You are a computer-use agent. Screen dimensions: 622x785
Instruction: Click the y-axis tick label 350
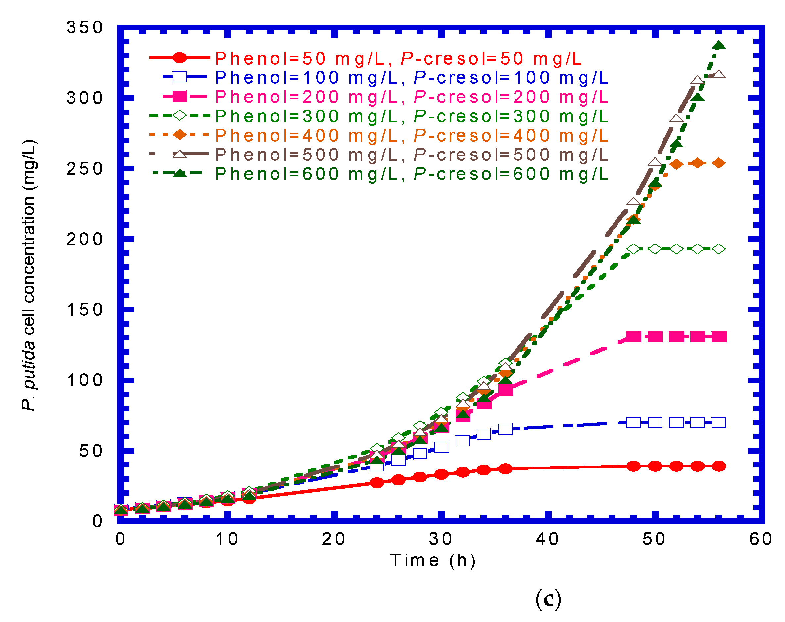tap(84, 28)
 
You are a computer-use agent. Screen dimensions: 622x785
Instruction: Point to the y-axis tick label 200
tap(84, 239)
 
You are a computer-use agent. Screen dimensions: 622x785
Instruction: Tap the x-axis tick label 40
tap(547, 539)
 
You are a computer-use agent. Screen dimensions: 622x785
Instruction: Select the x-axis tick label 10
tap(227, 539)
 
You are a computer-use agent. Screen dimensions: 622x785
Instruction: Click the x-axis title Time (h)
tap(432, 560)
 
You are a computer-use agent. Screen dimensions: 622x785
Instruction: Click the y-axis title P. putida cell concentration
tap(29, 275)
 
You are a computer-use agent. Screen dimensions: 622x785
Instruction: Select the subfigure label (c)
tap(548, 599)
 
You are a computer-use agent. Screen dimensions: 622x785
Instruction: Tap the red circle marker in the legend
tap(179, 58)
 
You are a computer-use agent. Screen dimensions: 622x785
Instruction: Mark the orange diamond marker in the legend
tap(179, 135)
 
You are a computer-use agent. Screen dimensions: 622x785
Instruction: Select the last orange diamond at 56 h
tap(719, 163)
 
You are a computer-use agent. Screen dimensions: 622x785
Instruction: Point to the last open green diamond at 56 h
tap(719, 249)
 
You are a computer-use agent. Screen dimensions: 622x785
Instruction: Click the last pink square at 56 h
tap(719, 337)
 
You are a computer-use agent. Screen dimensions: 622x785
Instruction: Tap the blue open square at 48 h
tap(634, 422)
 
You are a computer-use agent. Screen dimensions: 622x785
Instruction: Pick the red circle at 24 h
tap(377, 483)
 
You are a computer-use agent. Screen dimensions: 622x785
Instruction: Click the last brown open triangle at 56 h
tap(719, 74)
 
